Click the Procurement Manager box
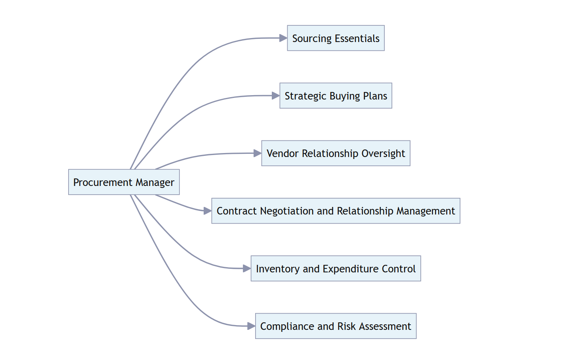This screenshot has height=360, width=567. click(124, 182)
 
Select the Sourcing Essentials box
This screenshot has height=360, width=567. click(336, 38)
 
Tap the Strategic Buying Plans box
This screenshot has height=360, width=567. click(336, 96)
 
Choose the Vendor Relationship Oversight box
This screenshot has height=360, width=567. click(336, 153)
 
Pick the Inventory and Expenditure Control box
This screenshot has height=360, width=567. click(336, 268)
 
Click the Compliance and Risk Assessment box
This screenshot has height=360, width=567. click(336, 326)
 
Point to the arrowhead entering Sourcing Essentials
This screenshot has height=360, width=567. click(283, 38)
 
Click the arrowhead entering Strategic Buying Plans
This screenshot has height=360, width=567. click(275, 96)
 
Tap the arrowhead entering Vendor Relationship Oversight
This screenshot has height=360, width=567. click(257, 153)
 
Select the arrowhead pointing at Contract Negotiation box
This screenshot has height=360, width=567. click(207, 211)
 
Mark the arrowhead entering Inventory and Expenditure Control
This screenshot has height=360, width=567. click(246, 268)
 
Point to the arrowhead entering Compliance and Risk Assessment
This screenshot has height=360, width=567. click(251, 326)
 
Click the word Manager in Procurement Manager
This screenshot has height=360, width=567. click(155, 182)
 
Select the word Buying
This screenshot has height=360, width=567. click(345, 96)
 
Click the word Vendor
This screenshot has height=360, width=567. click(283, 153)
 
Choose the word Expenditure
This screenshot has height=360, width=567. click(345, 269)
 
